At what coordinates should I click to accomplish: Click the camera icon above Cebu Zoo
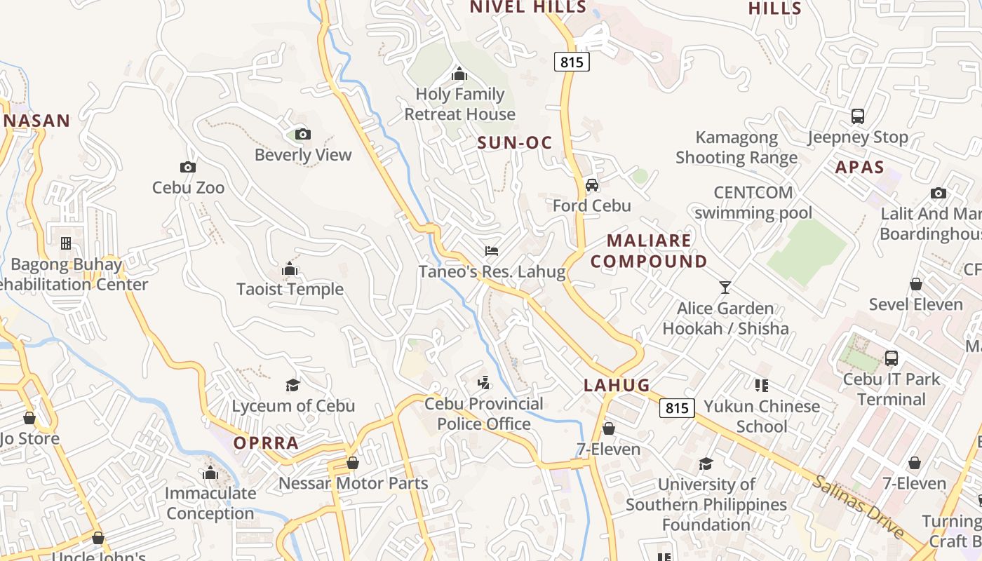point(187,167)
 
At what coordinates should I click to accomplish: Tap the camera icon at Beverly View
point(303,134)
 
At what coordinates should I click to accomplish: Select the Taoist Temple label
point(290,289)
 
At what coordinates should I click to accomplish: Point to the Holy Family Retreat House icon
point(459,74)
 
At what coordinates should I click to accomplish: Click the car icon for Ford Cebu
point(592,185)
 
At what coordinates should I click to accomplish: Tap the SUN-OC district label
point(515,143)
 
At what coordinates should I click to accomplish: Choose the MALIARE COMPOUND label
point(649,251)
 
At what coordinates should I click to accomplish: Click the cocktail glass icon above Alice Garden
point(725,288)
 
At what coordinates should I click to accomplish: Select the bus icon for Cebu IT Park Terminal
point(891,358)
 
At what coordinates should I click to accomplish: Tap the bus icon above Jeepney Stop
point(857,116)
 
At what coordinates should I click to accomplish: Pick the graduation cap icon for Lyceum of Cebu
point(292,385)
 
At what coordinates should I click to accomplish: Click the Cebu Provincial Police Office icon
point(483,383)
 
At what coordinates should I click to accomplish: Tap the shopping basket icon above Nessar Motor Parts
point(353,464)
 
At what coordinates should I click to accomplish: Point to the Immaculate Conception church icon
point(210,473)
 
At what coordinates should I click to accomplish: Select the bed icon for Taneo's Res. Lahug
point(492,251)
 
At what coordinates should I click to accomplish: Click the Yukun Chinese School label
point(762,416)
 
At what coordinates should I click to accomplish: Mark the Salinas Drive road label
point(859,507)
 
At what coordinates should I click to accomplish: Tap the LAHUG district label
point(617,385)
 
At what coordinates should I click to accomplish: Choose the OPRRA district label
point(266,443)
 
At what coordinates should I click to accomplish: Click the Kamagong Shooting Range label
point(736,147)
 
